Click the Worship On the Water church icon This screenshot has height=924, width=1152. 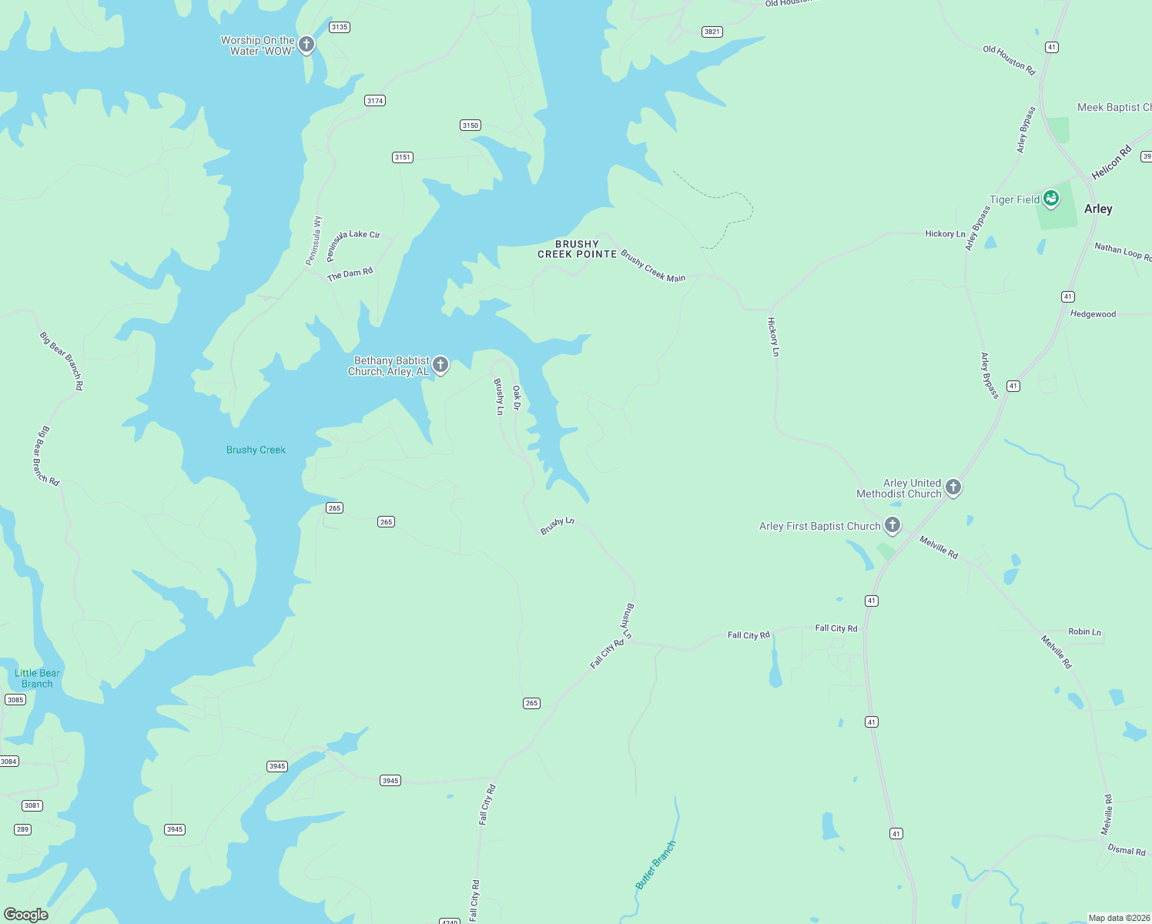tap(306, 44)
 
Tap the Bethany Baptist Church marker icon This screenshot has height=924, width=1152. tap(440, 364)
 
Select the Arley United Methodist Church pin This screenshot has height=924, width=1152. tap(953, 487)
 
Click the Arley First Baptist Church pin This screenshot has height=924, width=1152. tap(892, 525)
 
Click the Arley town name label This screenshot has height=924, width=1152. tap(1098, 209)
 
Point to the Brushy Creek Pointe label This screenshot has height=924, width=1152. tap(577, 249)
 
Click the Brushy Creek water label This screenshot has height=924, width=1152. tap(256, 450)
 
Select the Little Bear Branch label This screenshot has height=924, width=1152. tap(37, 678)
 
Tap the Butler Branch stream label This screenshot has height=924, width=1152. tap(655, 865)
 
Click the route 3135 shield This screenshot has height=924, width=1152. tap(339, 27)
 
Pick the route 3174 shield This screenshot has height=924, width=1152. tap(375, 101)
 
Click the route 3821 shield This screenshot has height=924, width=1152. tap(712, 32)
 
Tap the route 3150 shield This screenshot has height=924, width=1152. tap(471, 126)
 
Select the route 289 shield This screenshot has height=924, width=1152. tap(22, 829)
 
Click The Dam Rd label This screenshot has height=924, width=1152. tap(350, 274)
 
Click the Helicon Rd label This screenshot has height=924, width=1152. tap(1111, 162)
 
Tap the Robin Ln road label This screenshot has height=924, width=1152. tap(1084, 631)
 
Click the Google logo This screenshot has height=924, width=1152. tap(26, 914)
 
